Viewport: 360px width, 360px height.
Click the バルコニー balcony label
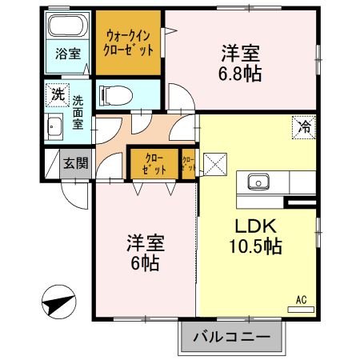pos(232,337)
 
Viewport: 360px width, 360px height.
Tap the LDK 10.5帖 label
pos(257,236)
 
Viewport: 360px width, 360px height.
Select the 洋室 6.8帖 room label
pos(242,65)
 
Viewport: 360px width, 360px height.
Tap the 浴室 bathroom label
pos(67,54)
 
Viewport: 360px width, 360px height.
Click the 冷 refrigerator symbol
pos(304,126)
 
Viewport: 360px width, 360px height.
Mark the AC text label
pos(302,299)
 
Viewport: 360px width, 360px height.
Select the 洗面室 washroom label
pos(78,113)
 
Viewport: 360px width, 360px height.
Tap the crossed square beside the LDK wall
pos(215,165)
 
